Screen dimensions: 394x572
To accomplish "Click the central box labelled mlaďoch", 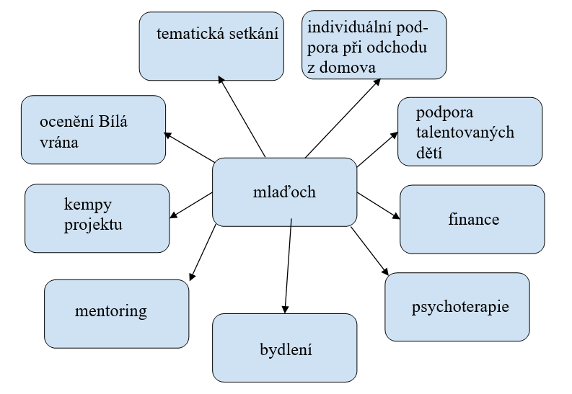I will pos(284,192).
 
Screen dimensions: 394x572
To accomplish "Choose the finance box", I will pos(472,219).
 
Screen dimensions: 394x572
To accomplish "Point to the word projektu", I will pos(92,224).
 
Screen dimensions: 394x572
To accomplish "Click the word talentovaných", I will pos(463,134).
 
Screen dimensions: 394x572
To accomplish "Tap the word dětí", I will pos(429,153).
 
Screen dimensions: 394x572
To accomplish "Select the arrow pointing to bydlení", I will pos(288,267).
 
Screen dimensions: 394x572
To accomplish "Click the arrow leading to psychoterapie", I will pos(369,253).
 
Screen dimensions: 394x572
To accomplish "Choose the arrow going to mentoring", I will pos(204,252).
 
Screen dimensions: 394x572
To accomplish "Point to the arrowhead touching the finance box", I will pos(395,215).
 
